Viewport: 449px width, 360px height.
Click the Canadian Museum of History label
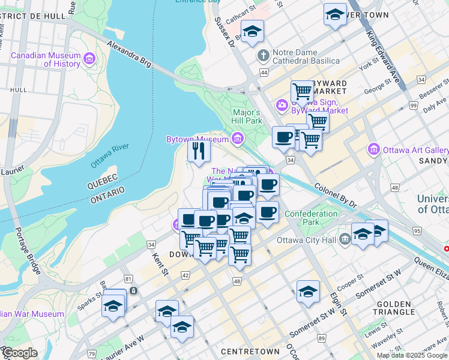(46, 59)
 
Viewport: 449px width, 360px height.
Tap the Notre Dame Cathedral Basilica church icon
(262, 56)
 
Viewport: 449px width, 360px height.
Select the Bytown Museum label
(197, 140)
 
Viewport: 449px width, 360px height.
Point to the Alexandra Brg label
(129, 53)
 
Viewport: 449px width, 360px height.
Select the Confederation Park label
(311, 218)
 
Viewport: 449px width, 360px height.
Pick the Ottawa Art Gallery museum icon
(374, 149)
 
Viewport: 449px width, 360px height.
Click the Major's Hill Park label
(247, 116)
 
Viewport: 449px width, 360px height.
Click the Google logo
(20, 353)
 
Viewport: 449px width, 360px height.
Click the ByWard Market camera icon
(282, 106)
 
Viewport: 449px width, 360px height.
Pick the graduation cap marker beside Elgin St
(308, 292)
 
